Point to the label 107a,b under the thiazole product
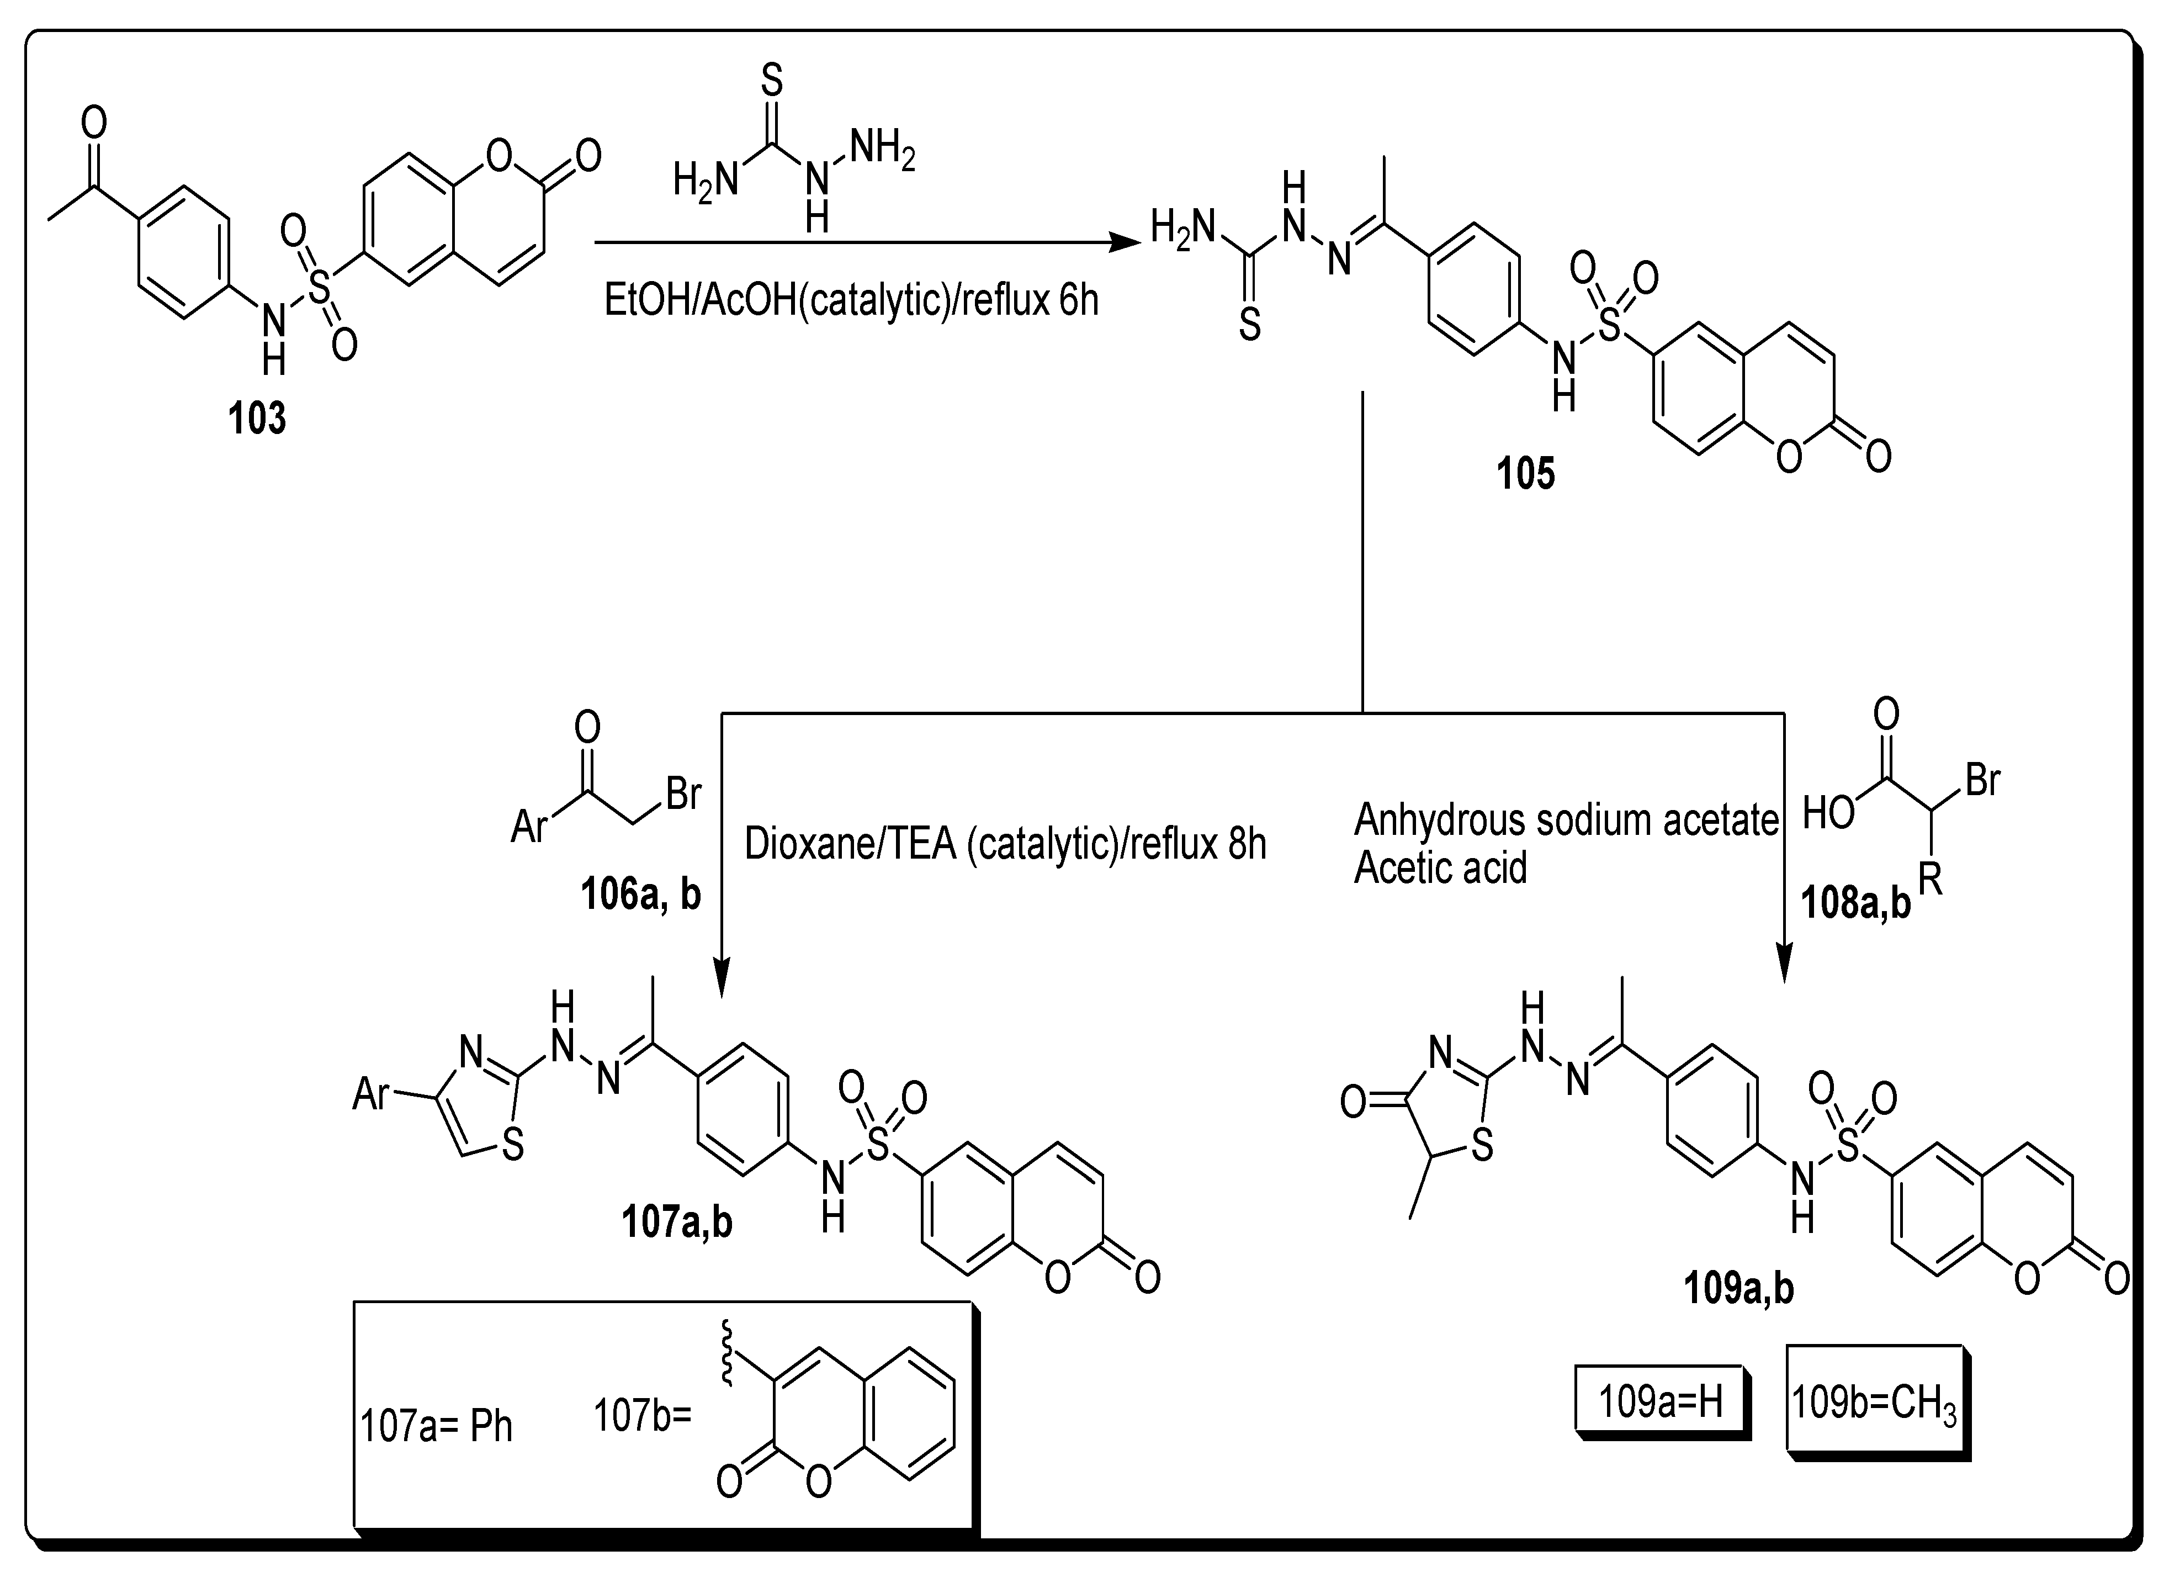pyautogui.click(x=677, y=1223)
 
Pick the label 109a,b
pyautogui.click(x=1738, y=1290)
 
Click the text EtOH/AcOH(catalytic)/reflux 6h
pyautogui.click(x=851, y=300)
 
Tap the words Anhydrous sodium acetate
pyautogui.click(x=1566, y=821)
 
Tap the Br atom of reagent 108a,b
pyautogui.click(x=1981, y=780)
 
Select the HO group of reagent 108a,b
pyautogui.click(x=1828, y=814)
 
